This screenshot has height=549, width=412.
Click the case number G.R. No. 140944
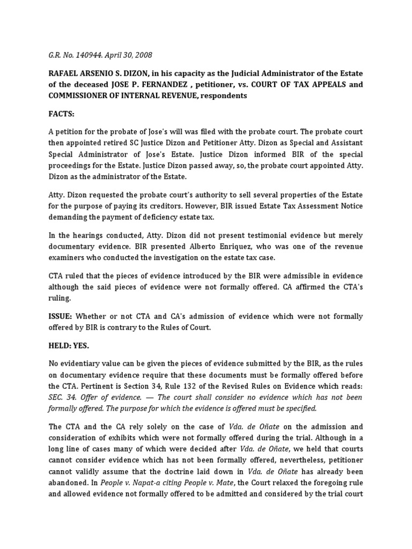[x=70, y=54]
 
